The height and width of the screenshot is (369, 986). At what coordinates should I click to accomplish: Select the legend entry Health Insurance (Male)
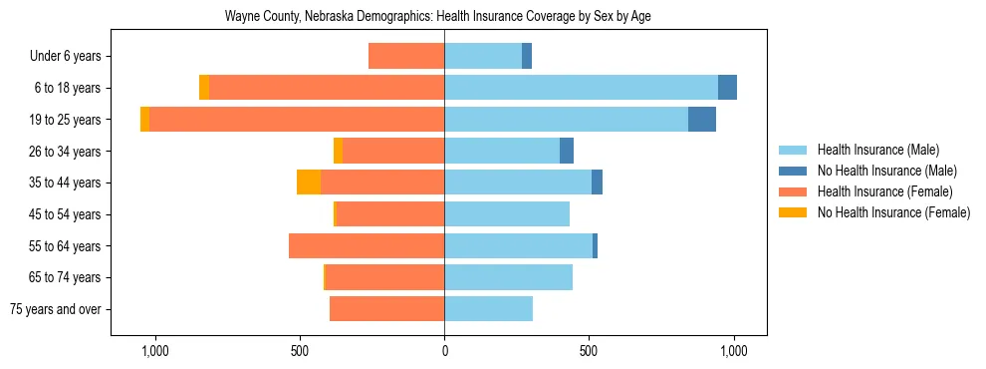877,150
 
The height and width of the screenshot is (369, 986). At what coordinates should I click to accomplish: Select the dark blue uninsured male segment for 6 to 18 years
727,88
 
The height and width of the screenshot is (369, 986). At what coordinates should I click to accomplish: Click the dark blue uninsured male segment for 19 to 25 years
702,120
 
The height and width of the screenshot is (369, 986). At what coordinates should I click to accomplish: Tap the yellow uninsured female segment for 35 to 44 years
309,183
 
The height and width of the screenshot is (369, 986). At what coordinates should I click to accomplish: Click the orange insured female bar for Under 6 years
406,56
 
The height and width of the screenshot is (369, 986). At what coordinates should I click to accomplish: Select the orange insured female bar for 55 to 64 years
367,246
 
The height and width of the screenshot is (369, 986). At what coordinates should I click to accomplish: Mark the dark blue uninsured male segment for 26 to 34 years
567,151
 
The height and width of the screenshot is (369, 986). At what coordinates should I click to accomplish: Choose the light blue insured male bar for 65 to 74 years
508,277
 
